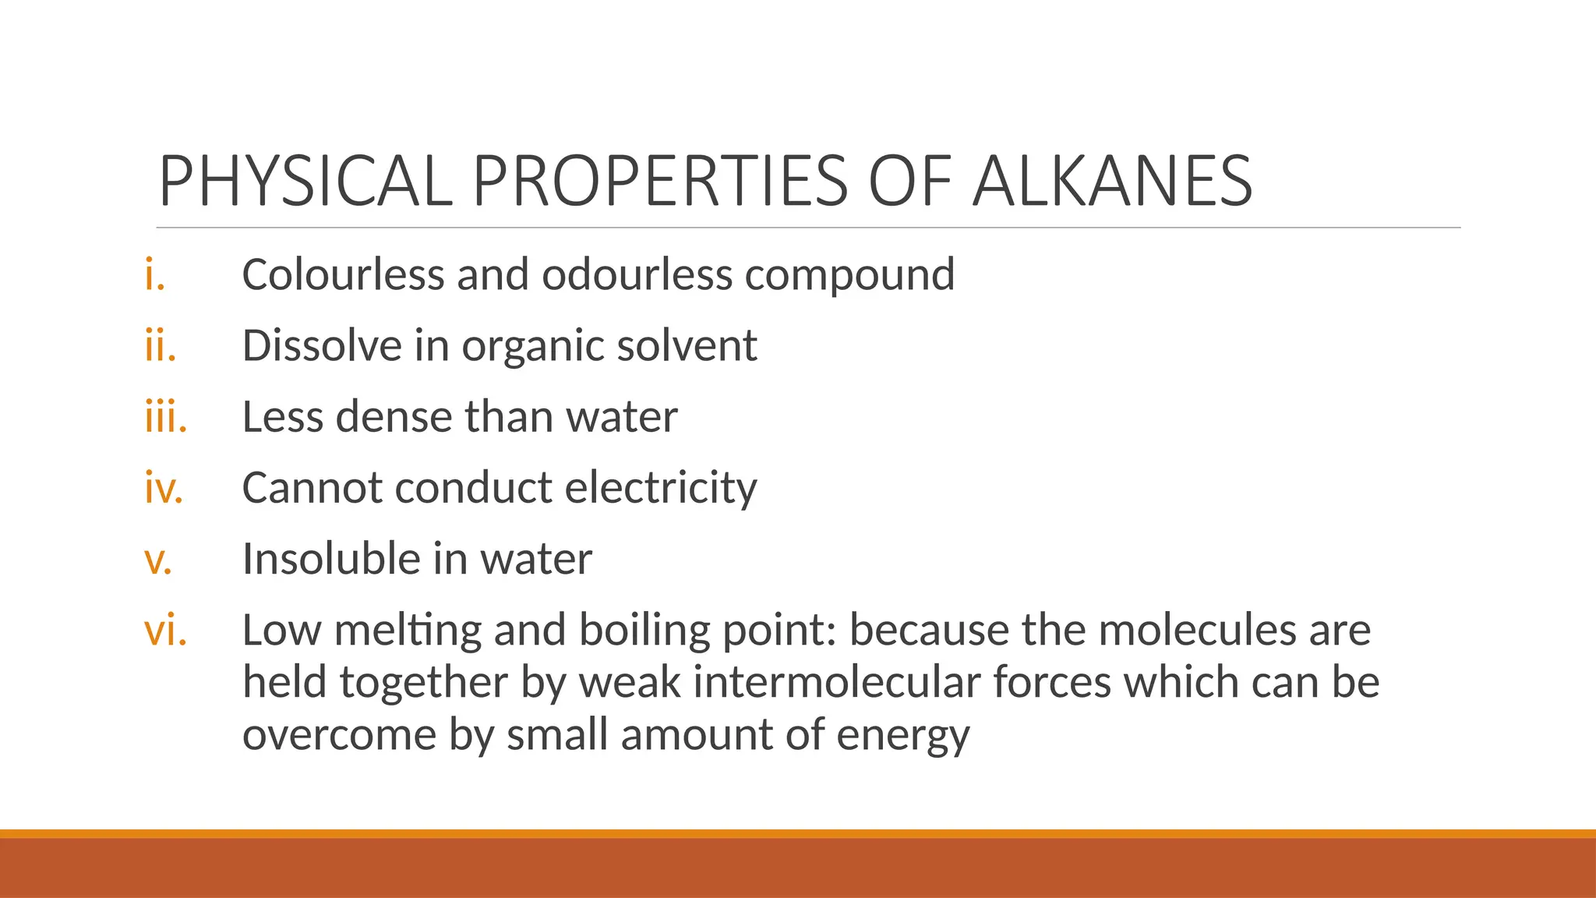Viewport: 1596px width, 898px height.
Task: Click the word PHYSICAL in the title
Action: tap(305, 182)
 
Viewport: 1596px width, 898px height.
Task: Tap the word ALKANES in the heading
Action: tap(1113, 182)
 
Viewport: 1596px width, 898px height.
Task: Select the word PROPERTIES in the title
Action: tap(660, 182)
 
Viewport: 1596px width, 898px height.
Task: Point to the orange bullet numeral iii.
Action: tap(166, 417)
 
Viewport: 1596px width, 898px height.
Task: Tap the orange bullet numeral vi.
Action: tap(166, 631)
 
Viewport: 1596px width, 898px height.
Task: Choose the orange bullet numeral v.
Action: tap(158, 560)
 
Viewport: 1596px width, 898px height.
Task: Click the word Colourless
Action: tap(344, 275)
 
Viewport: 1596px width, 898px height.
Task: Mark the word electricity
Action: tap(660, 489)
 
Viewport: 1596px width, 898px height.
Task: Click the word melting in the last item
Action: tap(408, 631)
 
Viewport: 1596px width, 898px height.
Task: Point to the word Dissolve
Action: tap(322, 346)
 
